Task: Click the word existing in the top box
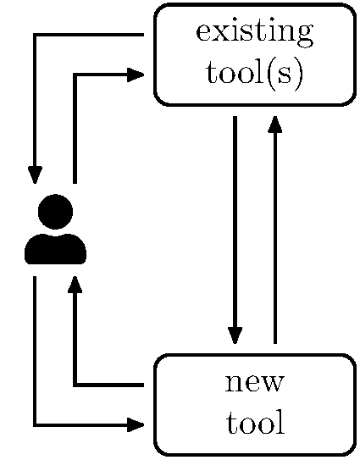coord(254,34)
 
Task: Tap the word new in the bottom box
coord(254,383)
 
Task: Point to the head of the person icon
coord(55,212)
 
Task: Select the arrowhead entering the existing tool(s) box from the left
coord(136,75)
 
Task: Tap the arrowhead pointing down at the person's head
coord(35,175)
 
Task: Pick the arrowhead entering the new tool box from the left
coord(136,424)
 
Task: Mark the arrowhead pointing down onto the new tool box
coord(235,335)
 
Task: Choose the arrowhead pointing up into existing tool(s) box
coord(274,124)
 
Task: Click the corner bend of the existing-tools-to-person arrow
coord(35,36)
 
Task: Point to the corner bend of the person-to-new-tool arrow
coord(35,424)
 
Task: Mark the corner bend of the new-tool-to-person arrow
coord(75,385)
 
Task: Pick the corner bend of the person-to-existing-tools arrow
coord(75,75)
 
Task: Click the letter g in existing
coord(302,39)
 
